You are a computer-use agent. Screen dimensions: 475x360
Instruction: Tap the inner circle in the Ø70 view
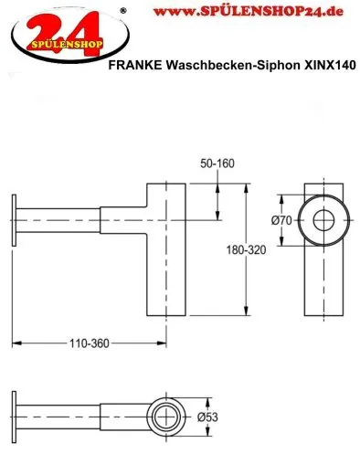click(x=324, y=221)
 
